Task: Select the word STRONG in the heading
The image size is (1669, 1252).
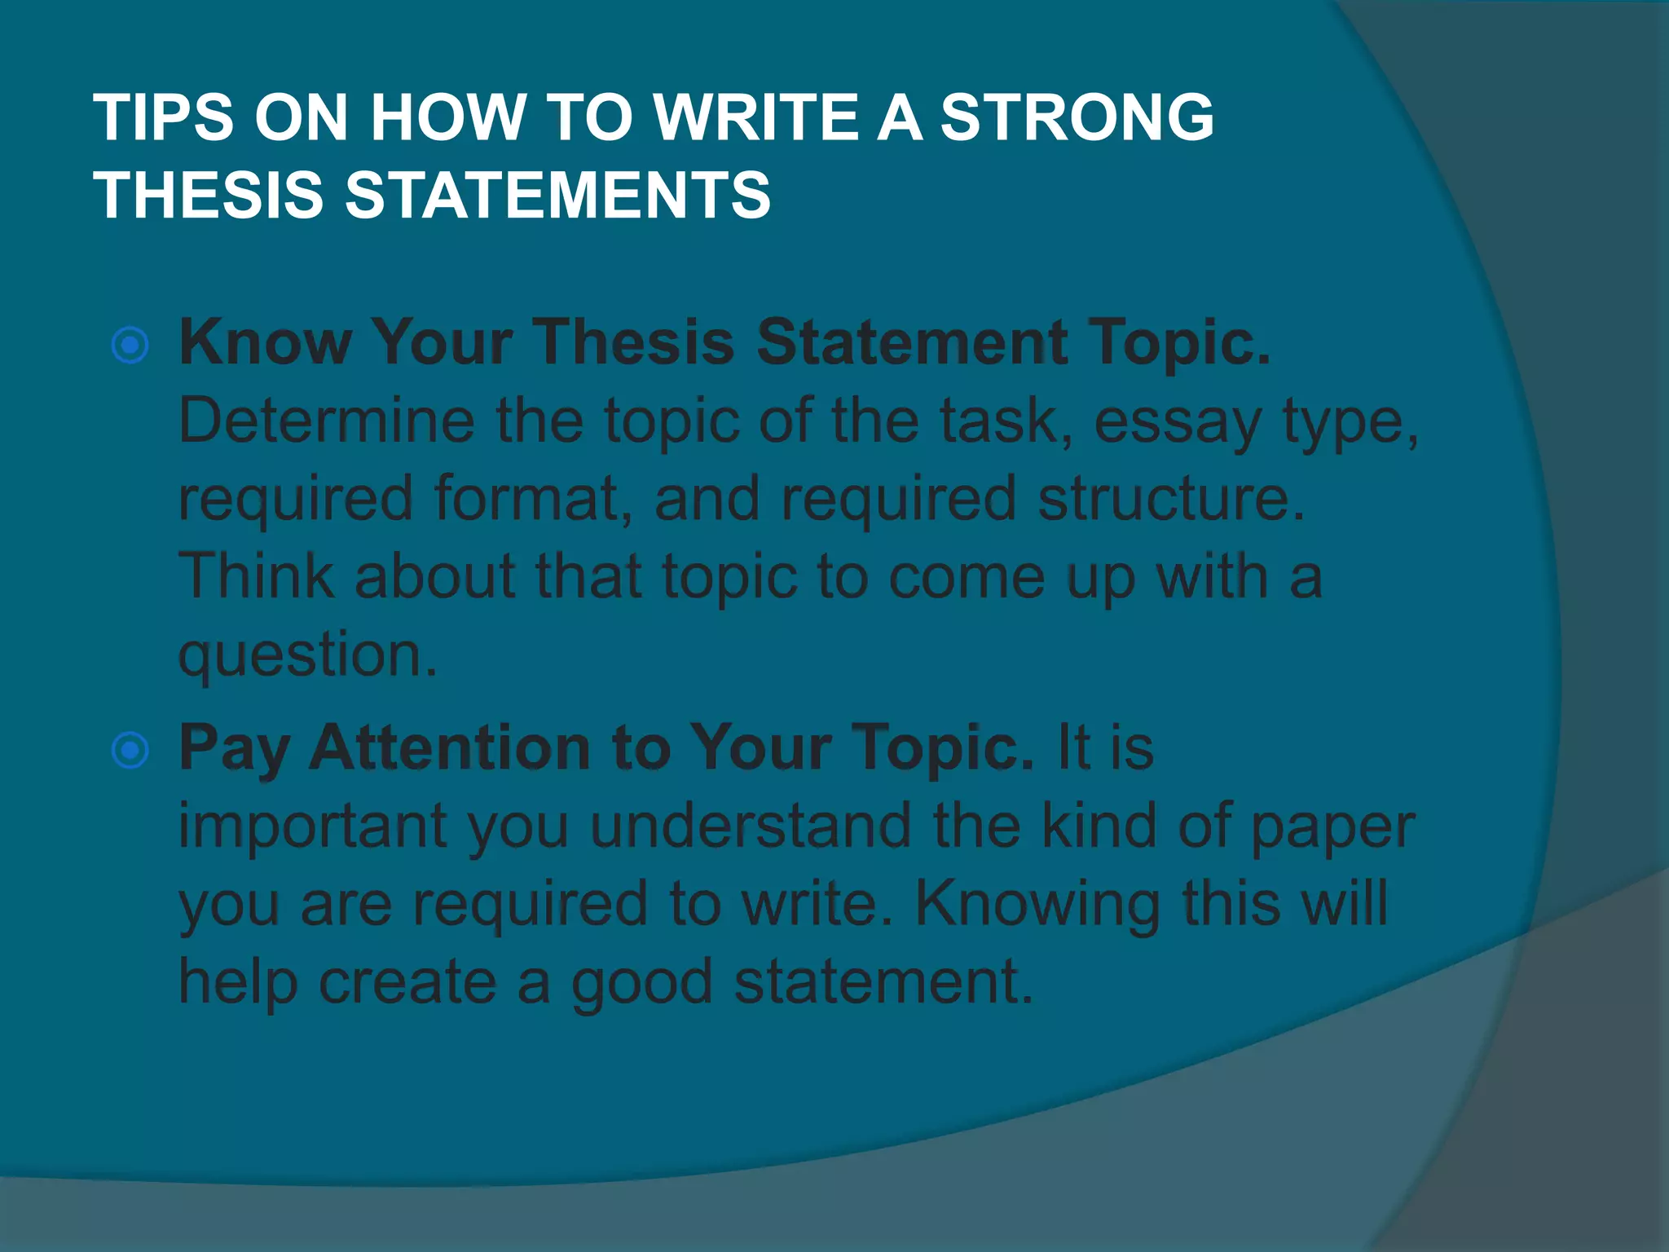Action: coord(1077,117)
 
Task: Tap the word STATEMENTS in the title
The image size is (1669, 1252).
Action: coord(557,196)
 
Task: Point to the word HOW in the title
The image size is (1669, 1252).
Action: coord(447,117)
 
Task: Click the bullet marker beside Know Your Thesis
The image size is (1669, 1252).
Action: coord(130,346)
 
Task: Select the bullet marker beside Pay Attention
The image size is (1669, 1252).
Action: coord(130,750)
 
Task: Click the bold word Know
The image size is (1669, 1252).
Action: coord(265,342)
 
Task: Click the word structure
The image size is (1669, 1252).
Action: coord(1170,499)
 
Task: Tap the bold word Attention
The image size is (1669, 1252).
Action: coord(451,748)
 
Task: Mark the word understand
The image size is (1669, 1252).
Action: coord(750,827)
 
